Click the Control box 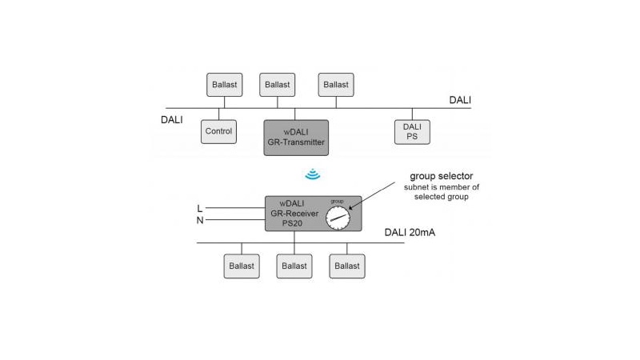[x=218, y=132]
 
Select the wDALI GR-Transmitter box [x=296, y=136]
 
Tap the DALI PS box [x=412, y=132]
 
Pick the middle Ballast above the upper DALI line [x=278, y=85]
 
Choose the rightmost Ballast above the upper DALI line [x=336, y=85]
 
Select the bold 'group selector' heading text [x=442, y=175]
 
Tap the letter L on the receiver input [x=199, y=209]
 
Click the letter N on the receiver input [x=199, y=221]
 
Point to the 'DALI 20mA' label [x=413, y=234]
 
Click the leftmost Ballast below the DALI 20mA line [x=242, y=266]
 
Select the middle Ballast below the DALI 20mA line [x=294, y=266]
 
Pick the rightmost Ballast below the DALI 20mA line [x=347, y=266]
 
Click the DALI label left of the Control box [x=172, y=120]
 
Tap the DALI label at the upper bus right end [x=460, y=100]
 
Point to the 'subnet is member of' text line [x=442, y=187]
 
